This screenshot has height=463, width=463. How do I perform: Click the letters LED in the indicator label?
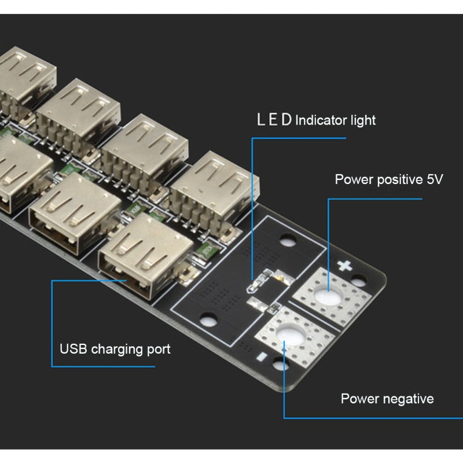(275, 120)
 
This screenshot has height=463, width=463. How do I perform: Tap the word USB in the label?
(73, 350)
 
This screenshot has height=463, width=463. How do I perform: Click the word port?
(158, 350)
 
